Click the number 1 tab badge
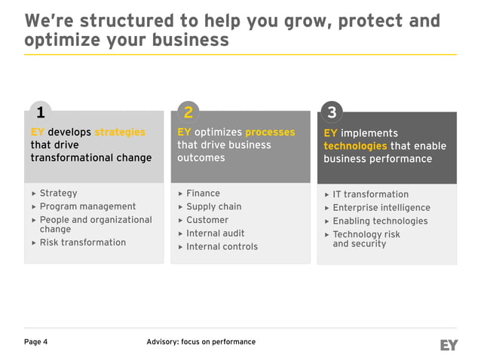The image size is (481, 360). coord(40,112)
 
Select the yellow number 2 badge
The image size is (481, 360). coord(188,112)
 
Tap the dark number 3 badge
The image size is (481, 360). coord(332,113)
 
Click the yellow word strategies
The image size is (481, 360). coord(120,133)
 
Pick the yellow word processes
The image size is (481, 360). coord(270,133)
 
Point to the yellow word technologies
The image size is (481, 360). coord(355,146)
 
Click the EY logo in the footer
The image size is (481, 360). coord(449,344)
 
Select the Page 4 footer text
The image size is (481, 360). coord(36,342)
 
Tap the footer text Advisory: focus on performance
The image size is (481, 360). coord(201,342)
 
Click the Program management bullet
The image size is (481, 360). coord(87,206)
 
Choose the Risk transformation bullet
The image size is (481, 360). coord(82,243)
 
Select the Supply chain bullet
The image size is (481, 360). coord(213,206)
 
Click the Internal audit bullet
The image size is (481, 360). coord(215,233)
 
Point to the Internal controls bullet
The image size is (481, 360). coord(222,247)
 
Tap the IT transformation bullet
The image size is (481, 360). coord(370,194)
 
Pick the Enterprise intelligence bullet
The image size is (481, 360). coord(381,208)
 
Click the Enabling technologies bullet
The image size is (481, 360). coord(380,221)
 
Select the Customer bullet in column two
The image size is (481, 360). coord(207,220)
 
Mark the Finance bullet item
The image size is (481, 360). coord(203,194)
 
